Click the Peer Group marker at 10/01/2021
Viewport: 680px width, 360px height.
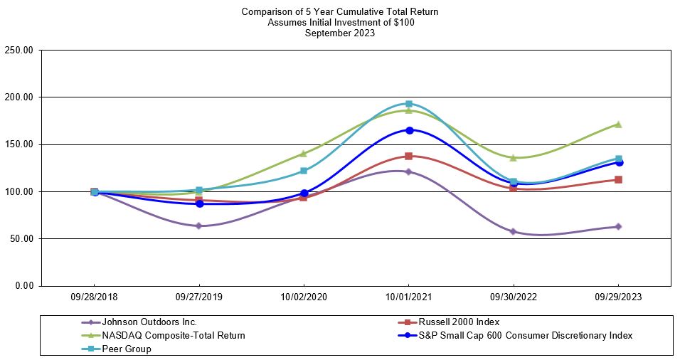point(409,104)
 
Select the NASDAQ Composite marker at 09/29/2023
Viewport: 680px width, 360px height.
point(618,124)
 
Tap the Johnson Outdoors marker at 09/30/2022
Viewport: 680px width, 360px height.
point(514,231)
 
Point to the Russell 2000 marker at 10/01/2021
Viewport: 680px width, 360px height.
point(409,156)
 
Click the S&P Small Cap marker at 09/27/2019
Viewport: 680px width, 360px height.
point(199,203)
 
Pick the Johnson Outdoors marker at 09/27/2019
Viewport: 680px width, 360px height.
point(199,226)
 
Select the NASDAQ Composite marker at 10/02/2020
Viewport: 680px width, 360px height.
point(304,153)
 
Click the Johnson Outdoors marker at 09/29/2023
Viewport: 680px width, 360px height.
point(618,226)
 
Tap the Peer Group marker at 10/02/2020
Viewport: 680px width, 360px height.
point(304,171)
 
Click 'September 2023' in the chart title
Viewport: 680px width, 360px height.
point(340,33)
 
